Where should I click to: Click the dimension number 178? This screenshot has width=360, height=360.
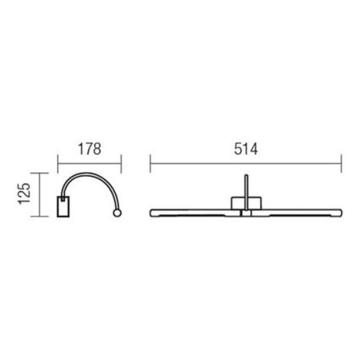pyautogui.click(x=89, y=149)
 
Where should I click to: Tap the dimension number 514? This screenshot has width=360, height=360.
pyautogui.click(x=244, y=149)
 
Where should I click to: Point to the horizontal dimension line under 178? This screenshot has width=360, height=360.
pyautogui.click(x=90, y=162)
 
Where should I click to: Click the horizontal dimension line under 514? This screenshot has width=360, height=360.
pyautogui.click(x=245, y=162)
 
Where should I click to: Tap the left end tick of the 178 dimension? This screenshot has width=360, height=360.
pyautogui.click(x=57, y=162)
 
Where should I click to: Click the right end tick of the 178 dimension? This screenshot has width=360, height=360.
pyautogui.click(x=123, y=162)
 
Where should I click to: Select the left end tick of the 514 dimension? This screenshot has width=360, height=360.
pyautogui.click(x=150, y=162)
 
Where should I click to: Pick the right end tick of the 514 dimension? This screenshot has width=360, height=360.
pyautogui.click(x=340, y=162)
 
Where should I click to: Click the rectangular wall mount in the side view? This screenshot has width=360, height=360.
pyautogui.click(x=63, y=205)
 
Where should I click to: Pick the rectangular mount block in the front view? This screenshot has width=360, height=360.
pyautogui.click(x=245, y=203)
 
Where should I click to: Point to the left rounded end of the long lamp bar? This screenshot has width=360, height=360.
pyautogui.click(x=153, y=210)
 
